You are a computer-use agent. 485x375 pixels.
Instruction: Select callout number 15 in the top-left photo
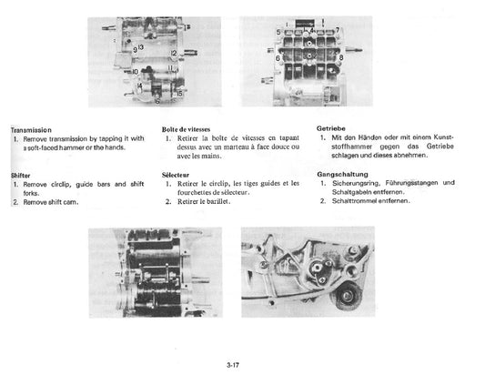tap(179, 93)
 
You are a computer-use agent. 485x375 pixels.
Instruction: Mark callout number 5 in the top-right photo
tap(278, 32)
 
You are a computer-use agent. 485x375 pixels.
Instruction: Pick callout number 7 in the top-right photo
tap(338, 30)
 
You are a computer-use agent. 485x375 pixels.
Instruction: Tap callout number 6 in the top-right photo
tap(277, 57)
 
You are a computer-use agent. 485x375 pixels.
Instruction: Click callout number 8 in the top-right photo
tap(341, 57)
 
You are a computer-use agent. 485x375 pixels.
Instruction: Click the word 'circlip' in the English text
tap(58, 184)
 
